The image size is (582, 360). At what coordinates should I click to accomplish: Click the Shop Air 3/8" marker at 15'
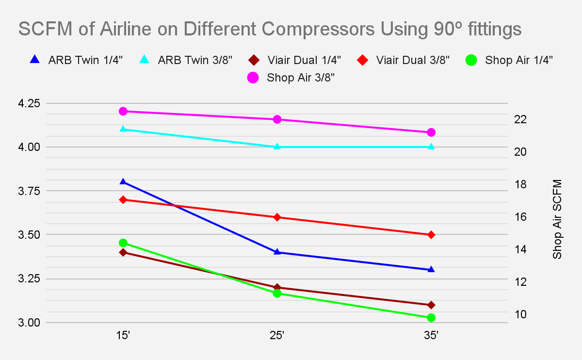[123, 111]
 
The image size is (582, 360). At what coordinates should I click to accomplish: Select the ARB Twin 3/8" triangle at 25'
[277, 146]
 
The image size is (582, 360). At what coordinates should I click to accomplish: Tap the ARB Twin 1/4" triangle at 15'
[123, 181]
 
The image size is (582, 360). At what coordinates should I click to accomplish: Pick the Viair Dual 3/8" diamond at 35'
[431, 235]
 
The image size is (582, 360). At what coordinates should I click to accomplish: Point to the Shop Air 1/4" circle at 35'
[431, 318]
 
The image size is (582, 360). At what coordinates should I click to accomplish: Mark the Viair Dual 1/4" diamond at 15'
[123, 252]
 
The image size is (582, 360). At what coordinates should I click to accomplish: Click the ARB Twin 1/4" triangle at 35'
[431, 269]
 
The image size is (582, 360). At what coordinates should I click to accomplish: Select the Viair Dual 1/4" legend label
[305, 60]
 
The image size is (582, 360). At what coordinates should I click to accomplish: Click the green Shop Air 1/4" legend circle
[470, 60]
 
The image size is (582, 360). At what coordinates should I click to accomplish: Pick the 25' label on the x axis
[277, 335]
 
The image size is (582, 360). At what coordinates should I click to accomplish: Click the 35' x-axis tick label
[431, 335]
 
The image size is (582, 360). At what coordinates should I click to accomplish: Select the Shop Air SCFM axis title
[557, 219]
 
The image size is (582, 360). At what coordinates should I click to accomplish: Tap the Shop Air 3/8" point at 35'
[431, 132]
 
